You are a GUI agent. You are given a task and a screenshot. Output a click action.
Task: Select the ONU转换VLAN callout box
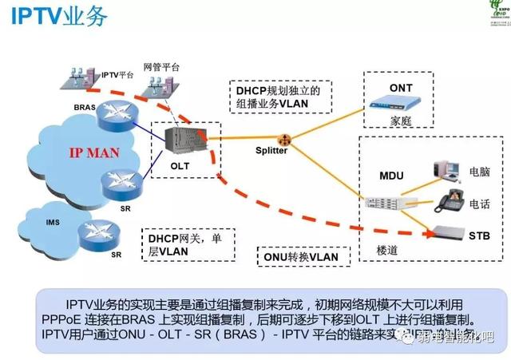[x=301, y=256]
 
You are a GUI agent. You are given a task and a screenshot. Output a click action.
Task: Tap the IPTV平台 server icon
[x=83, y=77]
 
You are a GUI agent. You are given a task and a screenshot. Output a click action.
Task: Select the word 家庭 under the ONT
[x=401, y=123]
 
